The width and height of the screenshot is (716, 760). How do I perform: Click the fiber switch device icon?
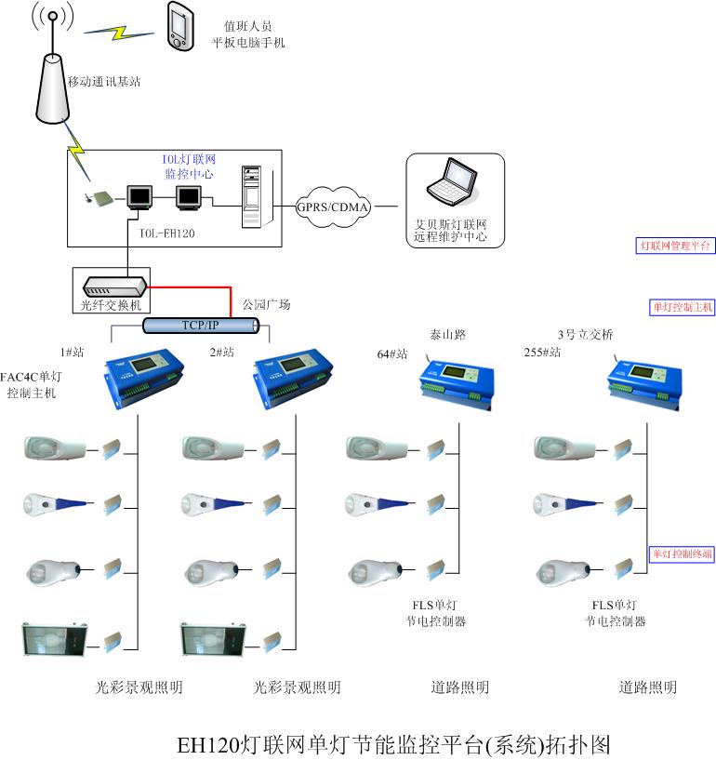click(111, 287)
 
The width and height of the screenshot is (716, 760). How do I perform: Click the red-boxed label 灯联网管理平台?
click(675, 246)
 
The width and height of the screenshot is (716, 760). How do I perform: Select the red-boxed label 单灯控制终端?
click(682, 553)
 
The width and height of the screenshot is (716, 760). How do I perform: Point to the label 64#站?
click(392, 354)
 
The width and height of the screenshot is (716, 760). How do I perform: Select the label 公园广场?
click(267, 305)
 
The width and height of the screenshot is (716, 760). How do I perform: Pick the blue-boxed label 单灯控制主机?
click(682, 307)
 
